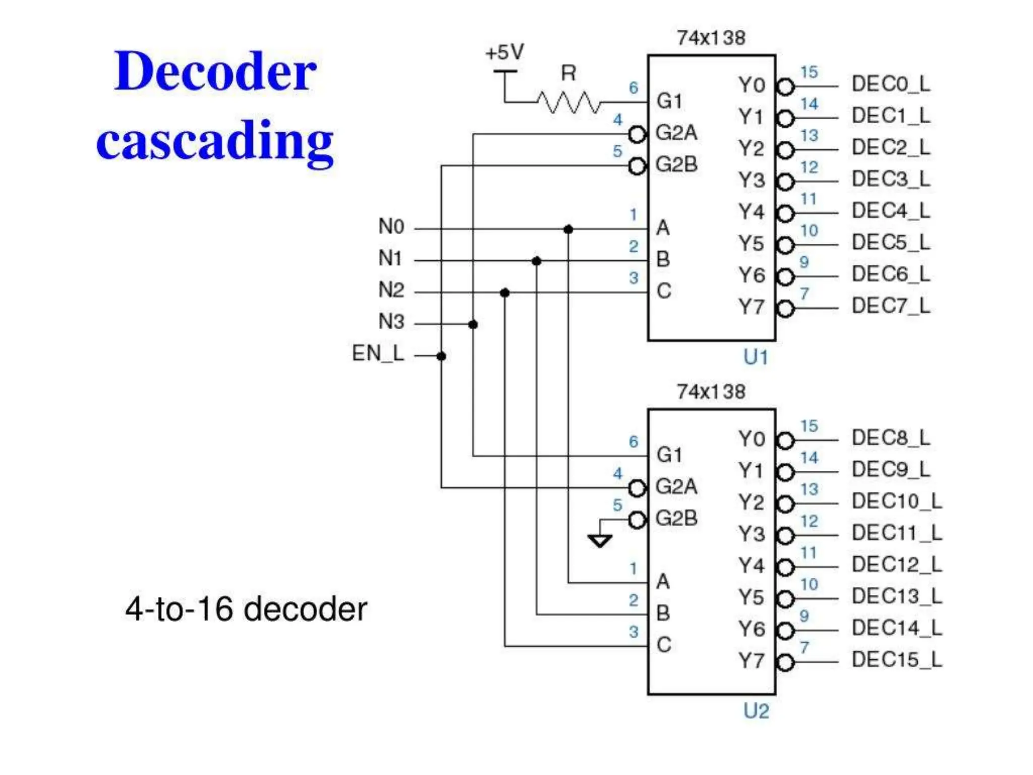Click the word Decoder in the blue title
[x=215, y=72]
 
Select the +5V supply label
[x=504, y=52]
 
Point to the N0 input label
[x=391, y=226]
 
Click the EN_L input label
[x=378, y=353]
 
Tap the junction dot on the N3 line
[x=473, y=324]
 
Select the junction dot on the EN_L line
[x=441, y=356]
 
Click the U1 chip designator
[x=756, y=357]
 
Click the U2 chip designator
[x=756, y=711]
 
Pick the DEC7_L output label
[x=891, y=306]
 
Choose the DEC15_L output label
[x=896, y=659]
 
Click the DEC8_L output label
[x=891, y=437]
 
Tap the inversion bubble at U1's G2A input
[x=637, y=134]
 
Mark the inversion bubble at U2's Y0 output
[x=785, y=441]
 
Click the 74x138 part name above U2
[x=711, y=392]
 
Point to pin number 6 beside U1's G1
[x=634, y=88]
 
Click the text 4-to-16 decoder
[x=246, y=609]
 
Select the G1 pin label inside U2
[x=669, y=455]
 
